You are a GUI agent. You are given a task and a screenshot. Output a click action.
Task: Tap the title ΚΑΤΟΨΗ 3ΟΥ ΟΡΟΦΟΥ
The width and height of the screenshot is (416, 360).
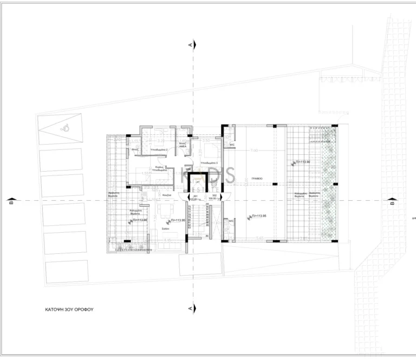click(x=70, y=311)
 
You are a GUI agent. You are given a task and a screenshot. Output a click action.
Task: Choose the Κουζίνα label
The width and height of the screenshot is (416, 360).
click(x=167, y=194)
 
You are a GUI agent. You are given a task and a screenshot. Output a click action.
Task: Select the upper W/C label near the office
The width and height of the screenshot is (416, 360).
click(x=231, y=145)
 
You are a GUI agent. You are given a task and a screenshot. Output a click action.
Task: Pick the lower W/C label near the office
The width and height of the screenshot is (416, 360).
click(x=231, y=221)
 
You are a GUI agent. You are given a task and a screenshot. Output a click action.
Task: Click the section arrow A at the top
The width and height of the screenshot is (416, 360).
click(x=190, y=46)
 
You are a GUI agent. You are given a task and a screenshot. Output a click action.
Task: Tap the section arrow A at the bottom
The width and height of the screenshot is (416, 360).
click(x=190, y=307)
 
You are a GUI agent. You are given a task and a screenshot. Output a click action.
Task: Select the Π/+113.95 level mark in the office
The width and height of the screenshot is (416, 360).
click(x=261, y=215)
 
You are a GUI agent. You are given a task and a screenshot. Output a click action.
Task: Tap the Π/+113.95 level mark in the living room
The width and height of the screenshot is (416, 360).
click(x=179, y=221)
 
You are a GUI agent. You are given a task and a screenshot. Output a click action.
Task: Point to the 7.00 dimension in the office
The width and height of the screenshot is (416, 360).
click(x=255, y=150)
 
